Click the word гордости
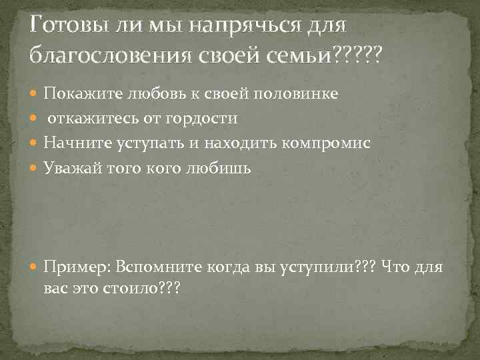pos(207,118)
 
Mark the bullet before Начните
pos(35,143)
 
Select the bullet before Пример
pos(35,268)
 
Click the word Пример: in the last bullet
pos(76,268)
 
